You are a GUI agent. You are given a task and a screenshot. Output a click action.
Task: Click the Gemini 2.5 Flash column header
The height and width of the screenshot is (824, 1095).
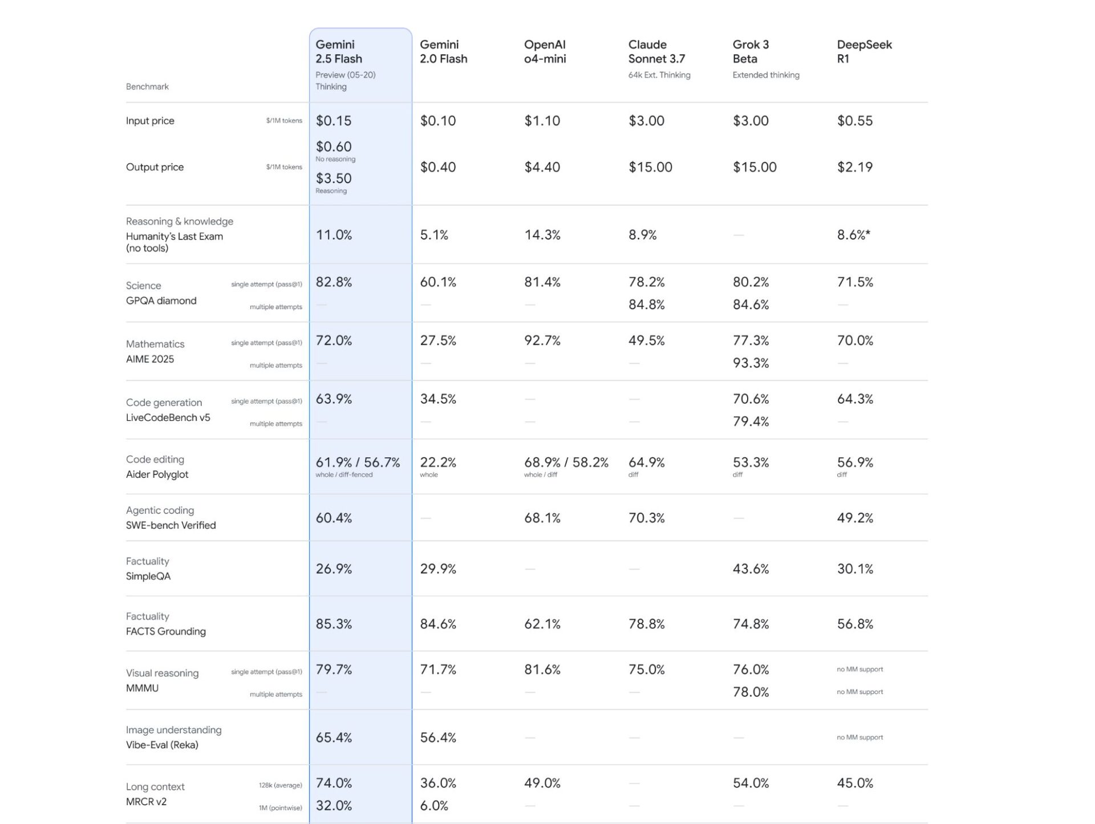pos(339,51)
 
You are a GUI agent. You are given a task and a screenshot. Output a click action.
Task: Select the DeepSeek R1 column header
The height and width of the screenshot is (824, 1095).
pos(864,51)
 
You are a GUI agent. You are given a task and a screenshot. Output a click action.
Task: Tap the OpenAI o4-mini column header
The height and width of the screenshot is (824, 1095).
pos(545,51)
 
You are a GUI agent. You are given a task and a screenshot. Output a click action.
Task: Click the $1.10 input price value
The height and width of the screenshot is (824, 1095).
pos(542,121)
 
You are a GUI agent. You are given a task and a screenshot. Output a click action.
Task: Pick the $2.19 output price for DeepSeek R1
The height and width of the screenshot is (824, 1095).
pos(854,167)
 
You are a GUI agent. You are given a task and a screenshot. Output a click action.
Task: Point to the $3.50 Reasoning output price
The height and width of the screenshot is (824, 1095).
pos(334,178)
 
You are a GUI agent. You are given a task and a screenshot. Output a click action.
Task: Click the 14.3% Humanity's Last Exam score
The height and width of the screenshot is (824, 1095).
pos(542,235)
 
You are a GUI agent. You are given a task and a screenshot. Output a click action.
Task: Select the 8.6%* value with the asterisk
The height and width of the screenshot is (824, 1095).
pos(853,235)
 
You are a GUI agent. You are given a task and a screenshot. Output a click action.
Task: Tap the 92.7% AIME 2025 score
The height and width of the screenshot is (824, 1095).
pos(542,340)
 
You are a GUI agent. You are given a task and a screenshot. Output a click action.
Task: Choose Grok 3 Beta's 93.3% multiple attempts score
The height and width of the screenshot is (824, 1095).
pos(751,363)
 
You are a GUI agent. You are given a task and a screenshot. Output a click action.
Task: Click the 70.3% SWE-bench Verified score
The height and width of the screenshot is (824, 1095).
pos(646,518)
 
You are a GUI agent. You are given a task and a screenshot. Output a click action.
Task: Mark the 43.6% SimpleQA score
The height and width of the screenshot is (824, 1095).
pos(751,569)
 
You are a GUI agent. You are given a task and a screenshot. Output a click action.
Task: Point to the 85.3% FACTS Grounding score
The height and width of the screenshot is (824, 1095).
pos(334,624)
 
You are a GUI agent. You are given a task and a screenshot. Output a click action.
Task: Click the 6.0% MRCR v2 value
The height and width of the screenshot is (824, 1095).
pos(434,806)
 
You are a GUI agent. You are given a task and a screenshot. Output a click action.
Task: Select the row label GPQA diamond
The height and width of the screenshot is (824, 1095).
pos(161,301)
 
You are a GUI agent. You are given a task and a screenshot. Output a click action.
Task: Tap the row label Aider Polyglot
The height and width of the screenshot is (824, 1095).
pos(157,474)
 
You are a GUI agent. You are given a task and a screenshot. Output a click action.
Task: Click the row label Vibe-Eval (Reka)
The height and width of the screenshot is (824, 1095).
pos(162,745)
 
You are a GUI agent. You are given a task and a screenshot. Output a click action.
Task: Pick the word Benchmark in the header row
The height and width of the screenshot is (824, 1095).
pos(147,87)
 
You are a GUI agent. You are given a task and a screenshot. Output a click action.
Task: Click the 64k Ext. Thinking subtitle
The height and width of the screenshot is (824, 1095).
pos(659,75)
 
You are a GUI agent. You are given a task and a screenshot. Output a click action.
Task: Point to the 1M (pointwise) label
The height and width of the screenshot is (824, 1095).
pos(280,808)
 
